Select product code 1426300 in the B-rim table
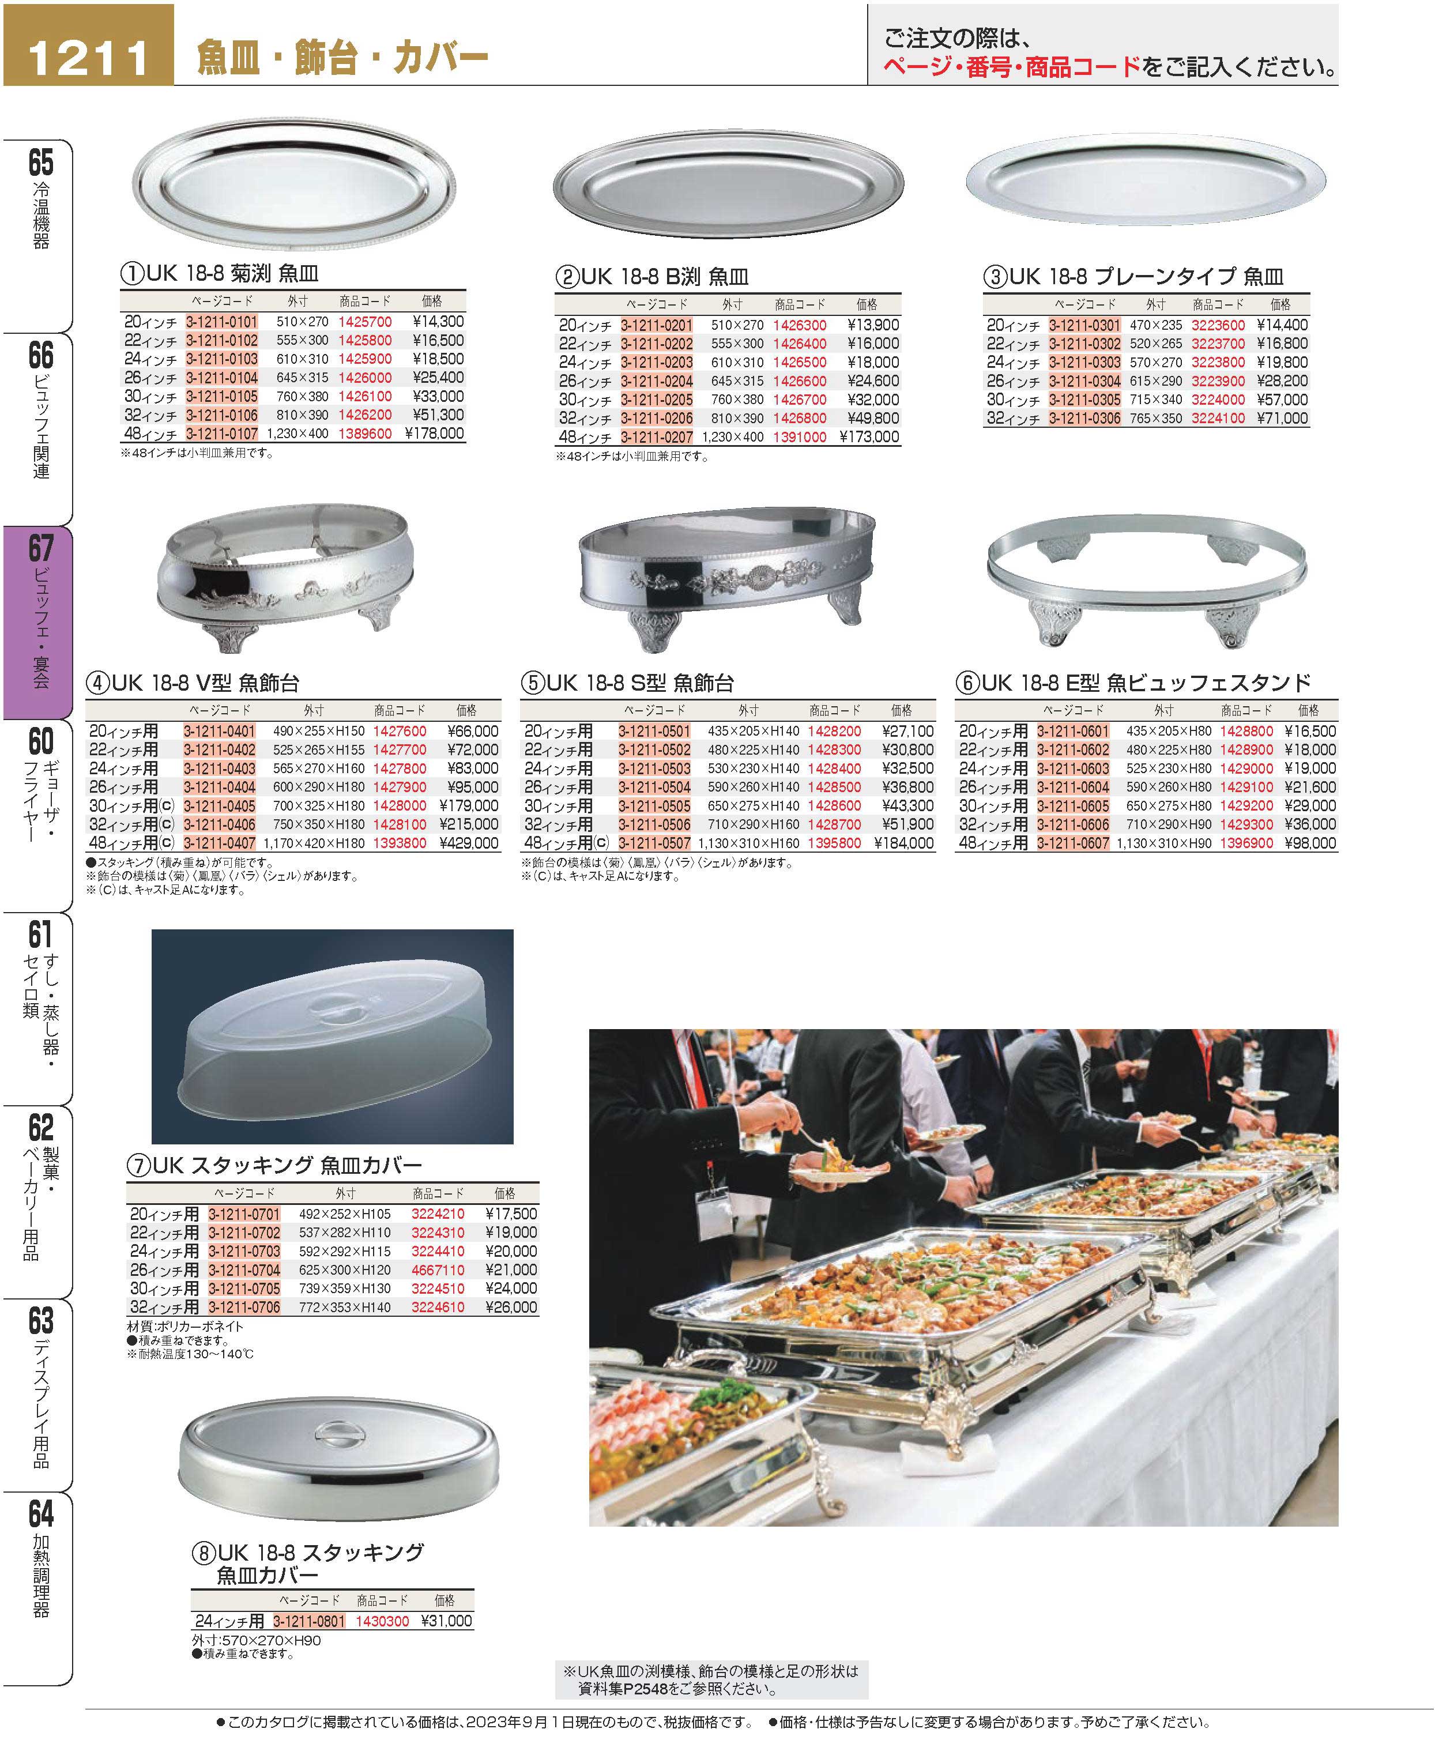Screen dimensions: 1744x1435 click(x=799, y=325)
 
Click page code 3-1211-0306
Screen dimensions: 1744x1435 click(x=1084, y=418)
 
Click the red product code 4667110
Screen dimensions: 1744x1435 click(x=438, y=1270)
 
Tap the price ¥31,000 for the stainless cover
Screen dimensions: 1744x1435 click(x=446, y=1621)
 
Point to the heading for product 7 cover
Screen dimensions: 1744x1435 click(x=274, y=1165)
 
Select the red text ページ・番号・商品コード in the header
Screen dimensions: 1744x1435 click(x=1012, y=68)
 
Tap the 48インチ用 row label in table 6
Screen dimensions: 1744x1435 click(x=993, y=843)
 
